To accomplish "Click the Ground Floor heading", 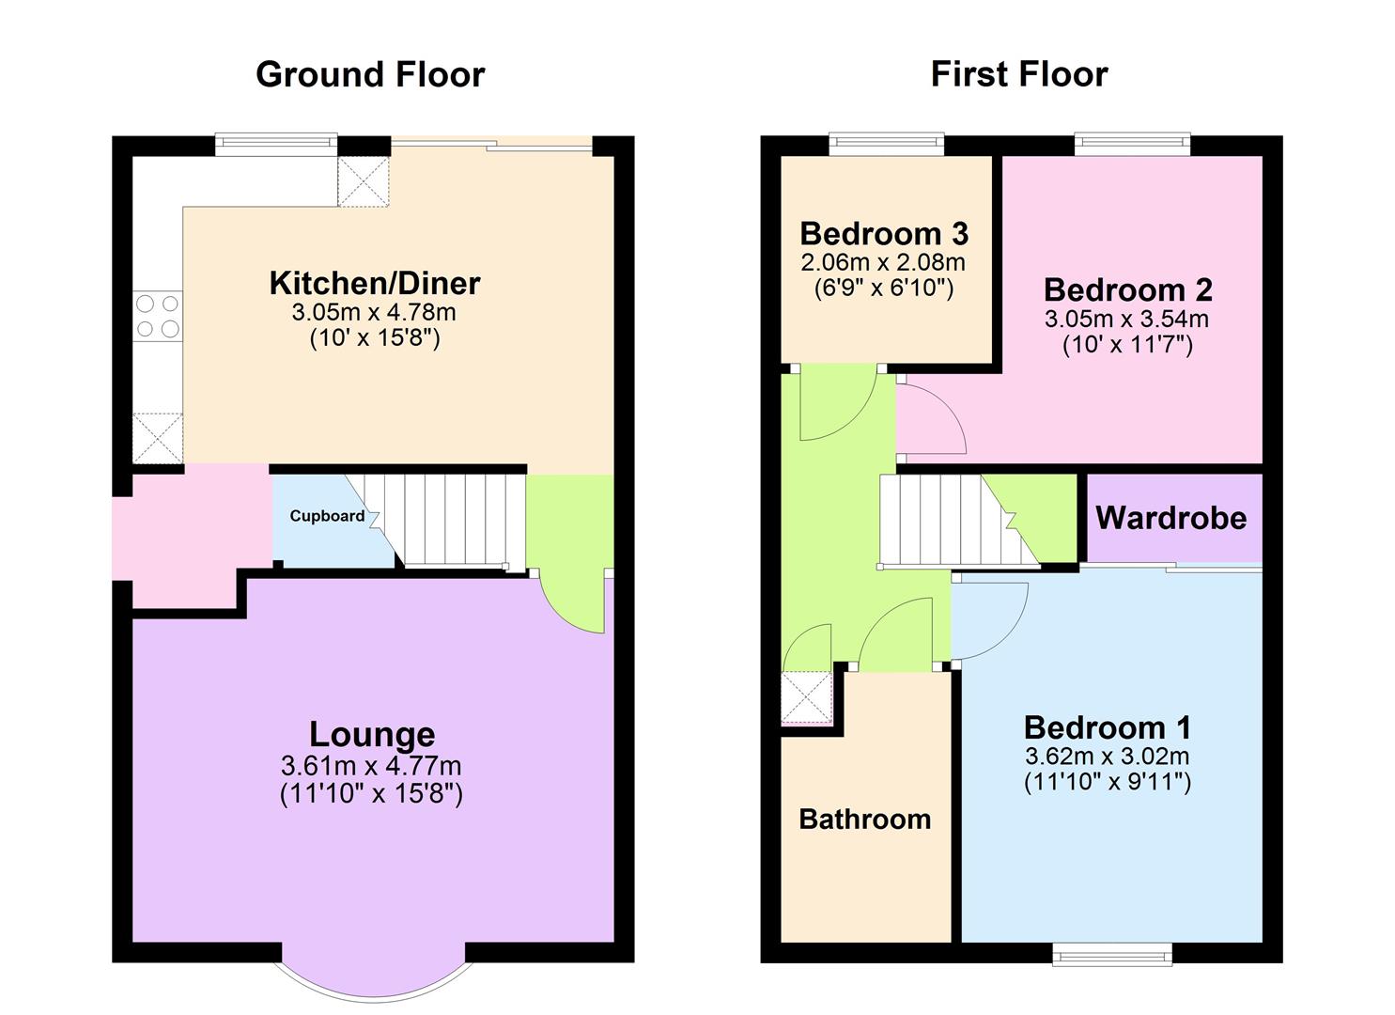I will point(370,74).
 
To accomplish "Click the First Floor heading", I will point(1019,74).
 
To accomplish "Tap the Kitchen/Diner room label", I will point(375,283).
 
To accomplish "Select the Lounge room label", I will point(372,734).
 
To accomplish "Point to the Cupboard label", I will point(327,516).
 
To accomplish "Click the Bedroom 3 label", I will point(884,233).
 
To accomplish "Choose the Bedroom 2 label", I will point(1127,289).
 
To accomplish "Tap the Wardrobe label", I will point(1170,518).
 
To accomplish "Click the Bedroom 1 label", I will point(1108,727).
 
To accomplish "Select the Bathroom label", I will point(864,820).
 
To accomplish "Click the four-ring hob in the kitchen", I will point(158,316).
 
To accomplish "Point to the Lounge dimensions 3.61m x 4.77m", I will point(371,766).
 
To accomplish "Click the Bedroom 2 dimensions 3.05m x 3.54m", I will point(1126,319).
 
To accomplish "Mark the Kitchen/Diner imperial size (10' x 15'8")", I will point(375,337).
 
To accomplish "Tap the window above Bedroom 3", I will point(886,143).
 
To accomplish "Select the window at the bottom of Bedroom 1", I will point(1112,955).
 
